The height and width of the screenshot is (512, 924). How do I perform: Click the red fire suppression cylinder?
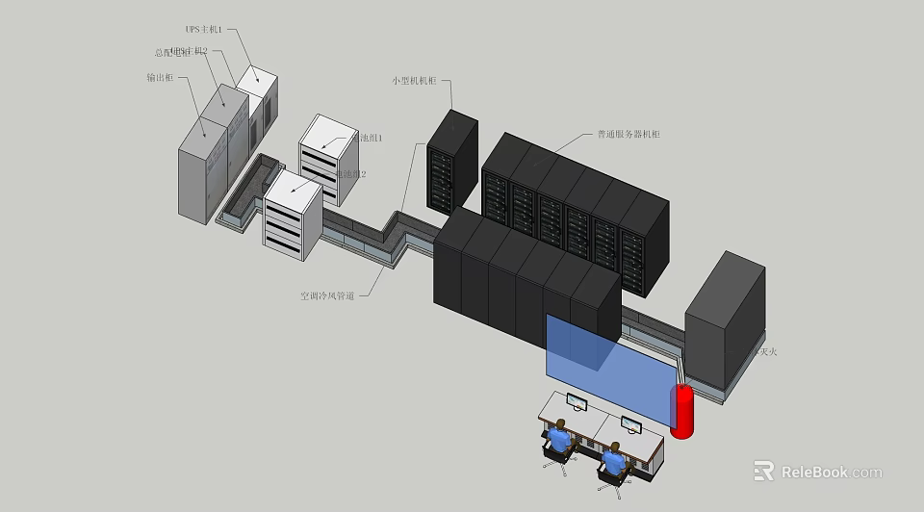[681, 411]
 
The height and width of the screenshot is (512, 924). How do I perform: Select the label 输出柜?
[159, 76]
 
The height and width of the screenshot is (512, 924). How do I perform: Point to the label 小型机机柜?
[414, 81]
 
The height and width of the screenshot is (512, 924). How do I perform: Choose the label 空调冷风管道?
[327, 296]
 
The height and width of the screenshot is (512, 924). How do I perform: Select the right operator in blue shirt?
[613, 461]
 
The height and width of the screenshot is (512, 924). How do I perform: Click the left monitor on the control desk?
[577, 401]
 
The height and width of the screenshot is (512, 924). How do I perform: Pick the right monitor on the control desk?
[630, 424]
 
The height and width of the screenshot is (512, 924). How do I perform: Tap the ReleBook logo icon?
[763, 471]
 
